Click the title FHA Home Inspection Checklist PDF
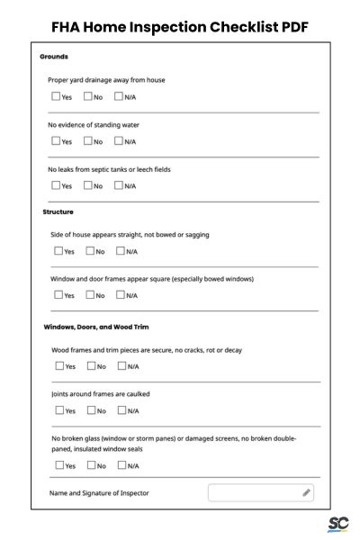[180, 27]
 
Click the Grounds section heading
[54, 57]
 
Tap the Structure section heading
[58, 212]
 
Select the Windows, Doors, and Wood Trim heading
[96, 327]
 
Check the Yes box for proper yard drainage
[56, 96]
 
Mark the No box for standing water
[88, 141]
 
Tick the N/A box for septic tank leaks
[119, 185]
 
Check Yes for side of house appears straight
[58, 251]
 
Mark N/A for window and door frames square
[121, 295]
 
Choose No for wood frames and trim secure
[91, 366]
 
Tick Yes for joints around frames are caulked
[58, 410]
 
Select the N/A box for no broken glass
[121, 465]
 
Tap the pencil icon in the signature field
[306, 493]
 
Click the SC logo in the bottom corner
[338, 525]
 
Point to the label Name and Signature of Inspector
[100, 493]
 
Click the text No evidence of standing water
[94, 125]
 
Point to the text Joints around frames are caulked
[101, 394]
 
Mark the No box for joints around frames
[91, 410]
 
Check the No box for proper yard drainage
[88, 96]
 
